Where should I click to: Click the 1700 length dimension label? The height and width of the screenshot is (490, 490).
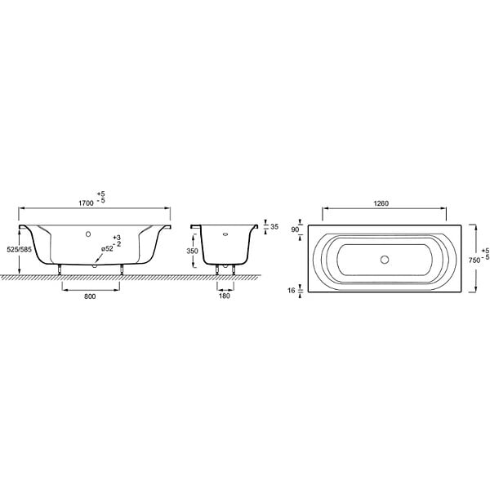pyautogui.click(x=86, y=203)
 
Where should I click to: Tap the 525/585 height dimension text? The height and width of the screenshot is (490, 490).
pyautogui.click(x=19, y=249)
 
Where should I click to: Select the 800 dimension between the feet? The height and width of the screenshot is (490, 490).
pyautogui.click(x=90, y=296)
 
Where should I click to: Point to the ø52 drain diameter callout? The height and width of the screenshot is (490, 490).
pyautogui.click(x=107, y=249)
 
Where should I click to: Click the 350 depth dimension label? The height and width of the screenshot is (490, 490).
pyautogui.click(x=192, y=251)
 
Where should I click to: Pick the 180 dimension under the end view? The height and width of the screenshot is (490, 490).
pyautogui.click(x=225, y=296)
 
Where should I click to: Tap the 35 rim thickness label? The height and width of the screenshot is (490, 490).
pyautogui.click(x=274, y=226)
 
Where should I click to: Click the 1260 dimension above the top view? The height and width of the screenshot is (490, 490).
pyautogui.click(x=381, y=203)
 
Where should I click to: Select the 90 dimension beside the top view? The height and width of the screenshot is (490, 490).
pyautogui.click(x=295, y=229)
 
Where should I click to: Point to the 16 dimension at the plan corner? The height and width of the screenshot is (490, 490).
pyautogui.click(x=292, y=291)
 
